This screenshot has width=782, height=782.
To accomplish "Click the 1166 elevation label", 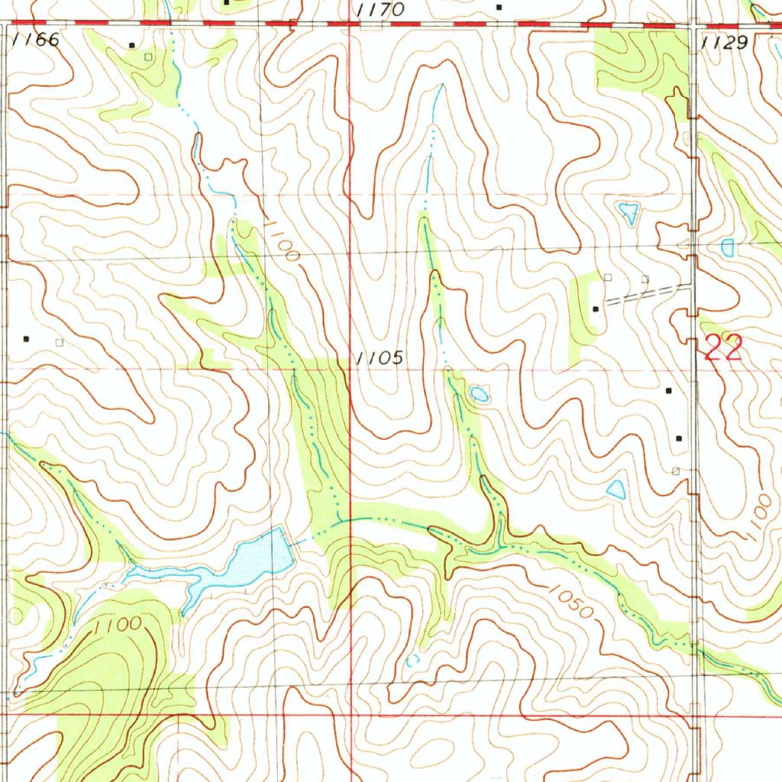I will [x=37, y=40].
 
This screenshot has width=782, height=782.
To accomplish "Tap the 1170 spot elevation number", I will [x=379, y=10].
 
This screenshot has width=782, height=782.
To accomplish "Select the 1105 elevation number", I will [x=379, y=357].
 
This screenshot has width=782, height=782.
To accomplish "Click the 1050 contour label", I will [x=570, y=603].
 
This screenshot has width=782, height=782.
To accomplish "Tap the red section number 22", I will [x=722, y=348].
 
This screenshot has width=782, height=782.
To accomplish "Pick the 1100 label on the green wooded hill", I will [x=118, y=624].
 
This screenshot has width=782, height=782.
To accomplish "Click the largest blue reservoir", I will [x=260, y=557].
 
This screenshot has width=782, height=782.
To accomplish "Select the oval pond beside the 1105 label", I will [x=480, y=394].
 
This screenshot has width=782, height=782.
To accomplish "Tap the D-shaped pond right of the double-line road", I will [x=727, y=247].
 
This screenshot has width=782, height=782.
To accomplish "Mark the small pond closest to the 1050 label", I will [x=616, y=489].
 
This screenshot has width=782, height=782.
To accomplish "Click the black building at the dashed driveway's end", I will [x=596, y=309].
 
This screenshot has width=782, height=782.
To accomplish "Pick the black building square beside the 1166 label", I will [x=131, y=45].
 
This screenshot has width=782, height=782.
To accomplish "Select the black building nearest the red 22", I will [x=670, y=390].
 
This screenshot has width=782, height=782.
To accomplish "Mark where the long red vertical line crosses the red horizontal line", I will [x=351, y=715].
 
